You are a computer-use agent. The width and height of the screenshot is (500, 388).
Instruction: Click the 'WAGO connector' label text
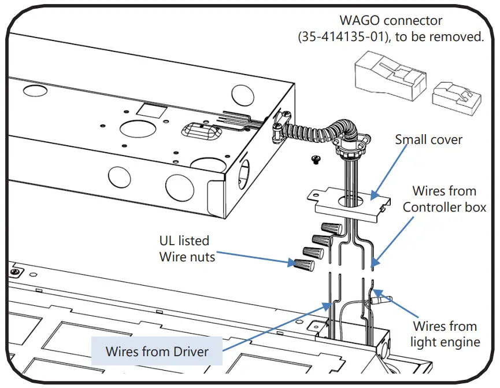391,20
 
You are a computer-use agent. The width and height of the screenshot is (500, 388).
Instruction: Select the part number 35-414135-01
342,36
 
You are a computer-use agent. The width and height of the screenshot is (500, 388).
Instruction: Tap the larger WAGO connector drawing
390,76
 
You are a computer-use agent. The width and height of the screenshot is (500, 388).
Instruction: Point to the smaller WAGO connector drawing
456,98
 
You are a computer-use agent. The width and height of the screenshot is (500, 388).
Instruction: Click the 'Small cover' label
428,139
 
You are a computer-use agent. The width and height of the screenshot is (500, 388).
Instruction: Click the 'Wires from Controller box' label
444,199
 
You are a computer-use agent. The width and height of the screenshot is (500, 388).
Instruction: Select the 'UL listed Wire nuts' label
187,249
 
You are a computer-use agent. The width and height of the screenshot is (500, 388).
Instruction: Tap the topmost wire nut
332,228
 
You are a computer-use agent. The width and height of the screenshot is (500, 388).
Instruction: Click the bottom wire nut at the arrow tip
304,264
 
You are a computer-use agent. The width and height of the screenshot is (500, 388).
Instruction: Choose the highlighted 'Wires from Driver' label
157,352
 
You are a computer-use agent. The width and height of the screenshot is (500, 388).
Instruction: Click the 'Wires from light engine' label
445,334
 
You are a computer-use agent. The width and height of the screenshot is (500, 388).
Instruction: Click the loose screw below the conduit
316,160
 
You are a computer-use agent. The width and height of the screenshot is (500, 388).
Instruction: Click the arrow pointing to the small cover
388,172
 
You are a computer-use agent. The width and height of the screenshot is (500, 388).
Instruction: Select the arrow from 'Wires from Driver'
277,327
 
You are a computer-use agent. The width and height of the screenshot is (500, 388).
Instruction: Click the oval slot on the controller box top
202,131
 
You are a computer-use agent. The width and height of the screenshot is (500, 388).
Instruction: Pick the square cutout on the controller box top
152,110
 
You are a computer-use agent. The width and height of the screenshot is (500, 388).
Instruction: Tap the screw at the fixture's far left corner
15,272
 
